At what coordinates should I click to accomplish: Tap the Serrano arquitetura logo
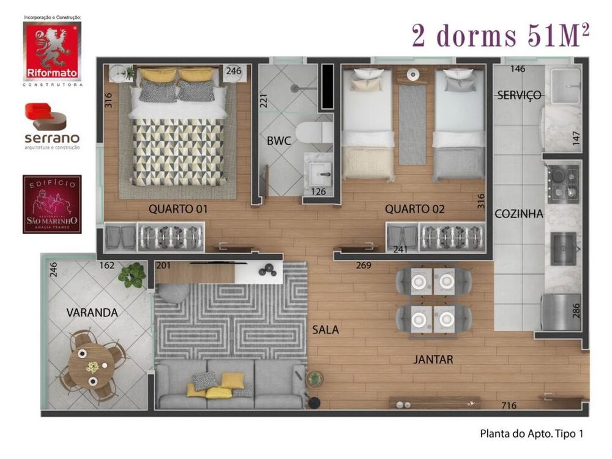tap(52, 126)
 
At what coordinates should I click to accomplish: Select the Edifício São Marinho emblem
tap(52, 204)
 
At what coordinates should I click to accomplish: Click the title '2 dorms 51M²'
tap(501, 37)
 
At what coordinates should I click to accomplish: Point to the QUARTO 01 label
tap(178, 209)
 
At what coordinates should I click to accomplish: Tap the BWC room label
tap(278, 140)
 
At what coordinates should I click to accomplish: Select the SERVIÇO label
tap(519, 95)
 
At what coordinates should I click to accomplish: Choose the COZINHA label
tap(519, 214)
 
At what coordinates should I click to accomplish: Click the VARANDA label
tap(92, 313)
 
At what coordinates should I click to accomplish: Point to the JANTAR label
tap(433, 360)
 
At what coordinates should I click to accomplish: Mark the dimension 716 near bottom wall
tap(509, 405)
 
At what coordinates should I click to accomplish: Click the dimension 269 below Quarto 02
tap(364, 265)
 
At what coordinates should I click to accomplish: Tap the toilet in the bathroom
tap(313, 132)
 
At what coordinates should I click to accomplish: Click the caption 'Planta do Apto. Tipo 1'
tap(531, 433)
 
